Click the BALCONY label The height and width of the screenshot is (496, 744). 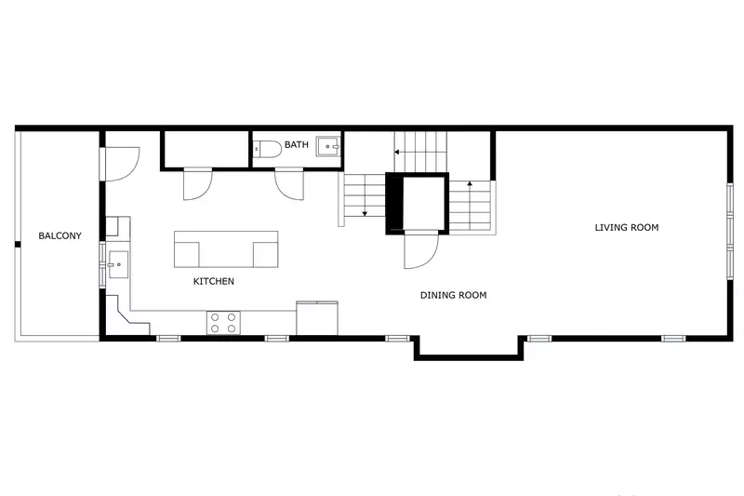point(60,235)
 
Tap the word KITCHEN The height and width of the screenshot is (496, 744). point(213,281)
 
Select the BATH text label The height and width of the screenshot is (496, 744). point(297,144)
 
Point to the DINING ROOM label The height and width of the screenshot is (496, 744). point(453,295)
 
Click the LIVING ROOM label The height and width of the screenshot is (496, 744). point(627,227)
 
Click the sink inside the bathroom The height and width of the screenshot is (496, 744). point(329,146)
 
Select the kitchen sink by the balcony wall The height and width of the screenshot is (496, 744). point(118,264)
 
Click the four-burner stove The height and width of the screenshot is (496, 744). point(222,322)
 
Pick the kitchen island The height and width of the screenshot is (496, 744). point(226,249)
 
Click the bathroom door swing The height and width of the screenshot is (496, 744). point(289,183)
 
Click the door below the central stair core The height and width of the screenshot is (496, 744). point(420,248)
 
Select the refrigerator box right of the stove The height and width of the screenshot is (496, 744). point(317,316)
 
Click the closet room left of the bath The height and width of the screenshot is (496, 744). point(206,149)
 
